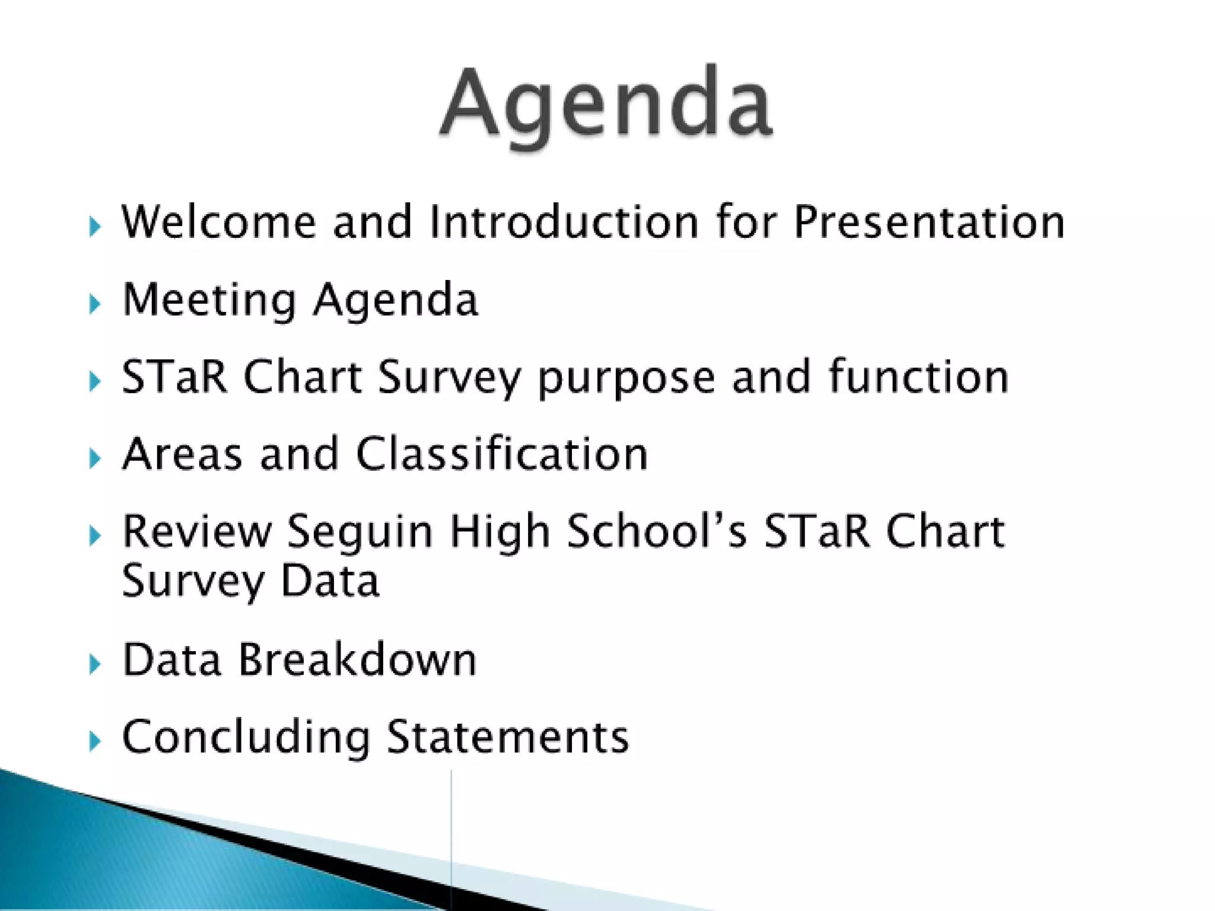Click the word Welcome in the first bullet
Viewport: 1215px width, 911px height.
click(x=218, y=222)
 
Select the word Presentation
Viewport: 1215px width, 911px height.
click(x=929, y=222)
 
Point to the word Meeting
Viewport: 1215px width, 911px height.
click(x=209, y=300)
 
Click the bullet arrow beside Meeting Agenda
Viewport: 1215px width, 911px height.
click(x=94, y=304)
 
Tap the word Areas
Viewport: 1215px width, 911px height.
click(x=182, y=455)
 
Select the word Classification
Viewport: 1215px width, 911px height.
click(x=502, y=455)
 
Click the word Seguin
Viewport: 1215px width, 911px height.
click(x=360, y=533)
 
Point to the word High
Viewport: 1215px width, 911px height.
click(x=500, y=533)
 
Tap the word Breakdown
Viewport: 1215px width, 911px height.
click(x=357, y=660)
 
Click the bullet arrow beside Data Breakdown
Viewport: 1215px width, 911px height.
click(x=94, y=664)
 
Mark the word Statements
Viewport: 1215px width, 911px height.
click(x=508, y=737)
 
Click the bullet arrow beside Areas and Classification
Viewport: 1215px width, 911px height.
click(x=94, y=458)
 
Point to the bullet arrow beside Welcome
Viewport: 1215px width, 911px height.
click(x=94, y=226)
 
